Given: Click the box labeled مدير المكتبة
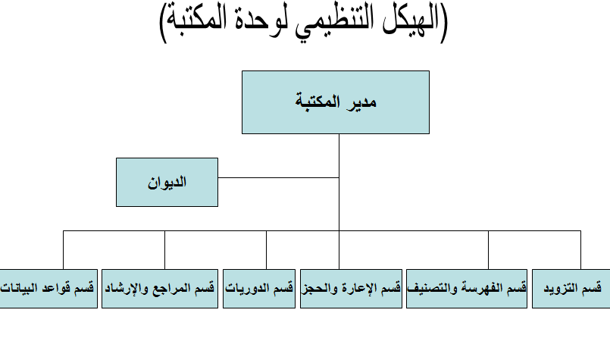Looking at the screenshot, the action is (x=336, y=102).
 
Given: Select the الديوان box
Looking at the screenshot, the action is (x=167, y=182).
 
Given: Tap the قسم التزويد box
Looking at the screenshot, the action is (x=571, y=289).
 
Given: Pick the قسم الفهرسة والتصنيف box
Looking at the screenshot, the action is (x=467, y=289).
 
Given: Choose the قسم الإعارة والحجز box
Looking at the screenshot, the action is (x=351, y=289).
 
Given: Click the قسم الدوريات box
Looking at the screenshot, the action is (x=259, y=289).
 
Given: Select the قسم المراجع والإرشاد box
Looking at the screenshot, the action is (x=160, y=289).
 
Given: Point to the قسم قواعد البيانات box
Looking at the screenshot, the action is (x=48, y=289).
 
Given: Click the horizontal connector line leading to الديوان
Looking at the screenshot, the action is (x=279, y=178).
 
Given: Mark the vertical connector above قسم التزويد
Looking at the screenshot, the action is (x=580, y=250).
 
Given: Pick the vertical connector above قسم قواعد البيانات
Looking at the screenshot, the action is (x=64, y=250).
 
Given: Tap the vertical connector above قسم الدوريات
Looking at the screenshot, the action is (x=267, y=250).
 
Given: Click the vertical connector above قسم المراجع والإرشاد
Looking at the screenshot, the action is (x=165, y=250).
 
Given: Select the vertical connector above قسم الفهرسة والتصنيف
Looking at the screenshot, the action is (x=489, y=250).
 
